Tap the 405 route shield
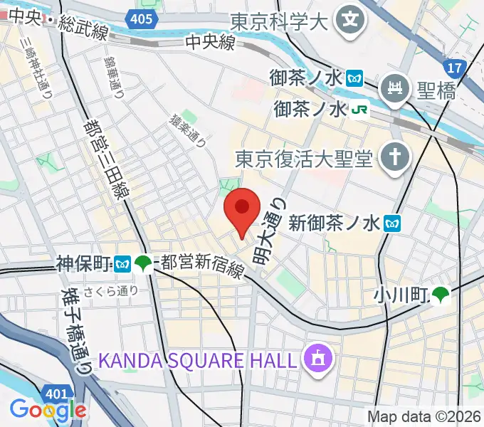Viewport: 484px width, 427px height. click(x=141, y=18)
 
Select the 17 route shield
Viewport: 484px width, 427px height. click(x=453, y=68)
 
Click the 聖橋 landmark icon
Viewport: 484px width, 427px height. click(x=394, y=89)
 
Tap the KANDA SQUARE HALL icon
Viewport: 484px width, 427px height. click(x=315, y=358)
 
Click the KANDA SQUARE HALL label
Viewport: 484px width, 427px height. click(x=196, y=359)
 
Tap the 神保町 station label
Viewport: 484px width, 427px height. click(x=83, y=264)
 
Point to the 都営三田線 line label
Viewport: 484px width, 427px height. click(x=112, y=159)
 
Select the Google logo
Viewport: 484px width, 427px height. click(x=48, y=409)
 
